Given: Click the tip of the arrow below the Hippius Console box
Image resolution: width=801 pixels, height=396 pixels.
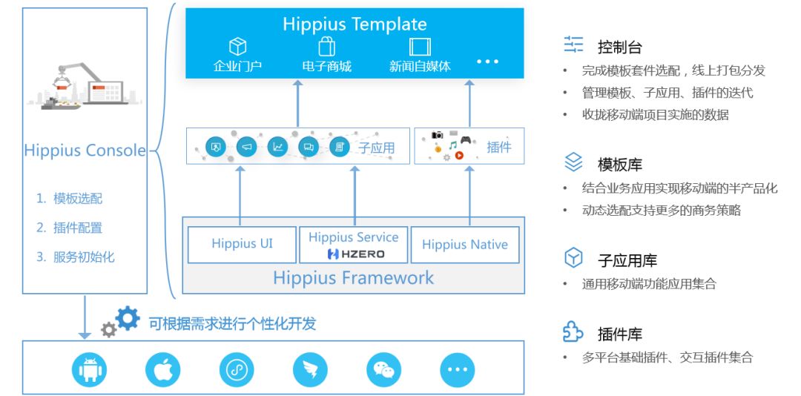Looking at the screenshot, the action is pos(85,339).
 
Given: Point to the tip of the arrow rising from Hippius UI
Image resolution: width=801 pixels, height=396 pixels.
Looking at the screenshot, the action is pos(240,165).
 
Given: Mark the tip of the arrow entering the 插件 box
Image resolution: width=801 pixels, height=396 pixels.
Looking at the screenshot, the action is pos(469,165).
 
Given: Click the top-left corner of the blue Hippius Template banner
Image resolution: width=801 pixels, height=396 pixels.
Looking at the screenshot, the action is pos(185,9).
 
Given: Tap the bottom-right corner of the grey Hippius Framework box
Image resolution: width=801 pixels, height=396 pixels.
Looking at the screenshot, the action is pos(524,294).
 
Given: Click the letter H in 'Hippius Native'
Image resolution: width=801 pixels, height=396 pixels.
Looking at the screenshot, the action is pos(426,245).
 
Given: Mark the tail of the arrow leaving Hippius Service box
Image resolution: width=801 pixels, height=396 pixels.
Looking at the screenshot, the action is pos(355,226).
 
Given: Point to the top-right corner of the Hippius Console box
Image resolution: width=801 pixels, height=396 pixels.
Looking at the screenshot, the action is pos(147,7).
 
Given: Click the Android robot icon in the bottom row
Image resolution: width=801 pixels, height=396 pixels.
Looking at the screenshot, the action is pos(90,369).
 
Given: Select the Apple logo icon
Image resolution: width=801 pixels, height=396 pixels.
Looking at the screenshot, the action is pos(163,369).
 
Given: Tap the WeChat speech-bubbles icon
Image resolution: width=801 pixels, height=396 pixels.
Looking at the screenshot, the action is pos(383,369).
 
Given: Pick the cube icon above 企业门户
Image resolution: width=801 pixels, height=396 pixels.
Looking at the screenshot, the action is pos(237,47).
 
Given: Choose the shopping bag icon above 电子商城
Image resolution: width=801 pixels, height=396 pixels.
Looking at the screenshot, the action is pos(327,47).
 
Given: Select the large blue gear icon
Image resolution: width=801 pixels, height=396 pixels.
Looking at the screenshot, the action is pos(128,318).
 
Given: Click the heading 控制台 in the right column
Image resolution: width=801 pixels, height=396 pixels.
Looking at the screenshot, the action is pos(619,47).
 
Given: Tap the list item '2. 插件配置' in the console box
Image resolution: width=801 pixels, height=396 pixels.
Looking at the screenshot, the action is pos(69,228).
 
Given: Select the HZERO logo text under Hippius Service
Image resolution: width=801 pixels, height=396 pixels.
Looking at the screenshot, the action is pos(356,254).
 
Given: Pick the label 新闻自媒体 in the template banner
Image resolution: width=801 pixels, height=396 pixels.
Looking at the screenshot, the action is pos(420,67).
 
